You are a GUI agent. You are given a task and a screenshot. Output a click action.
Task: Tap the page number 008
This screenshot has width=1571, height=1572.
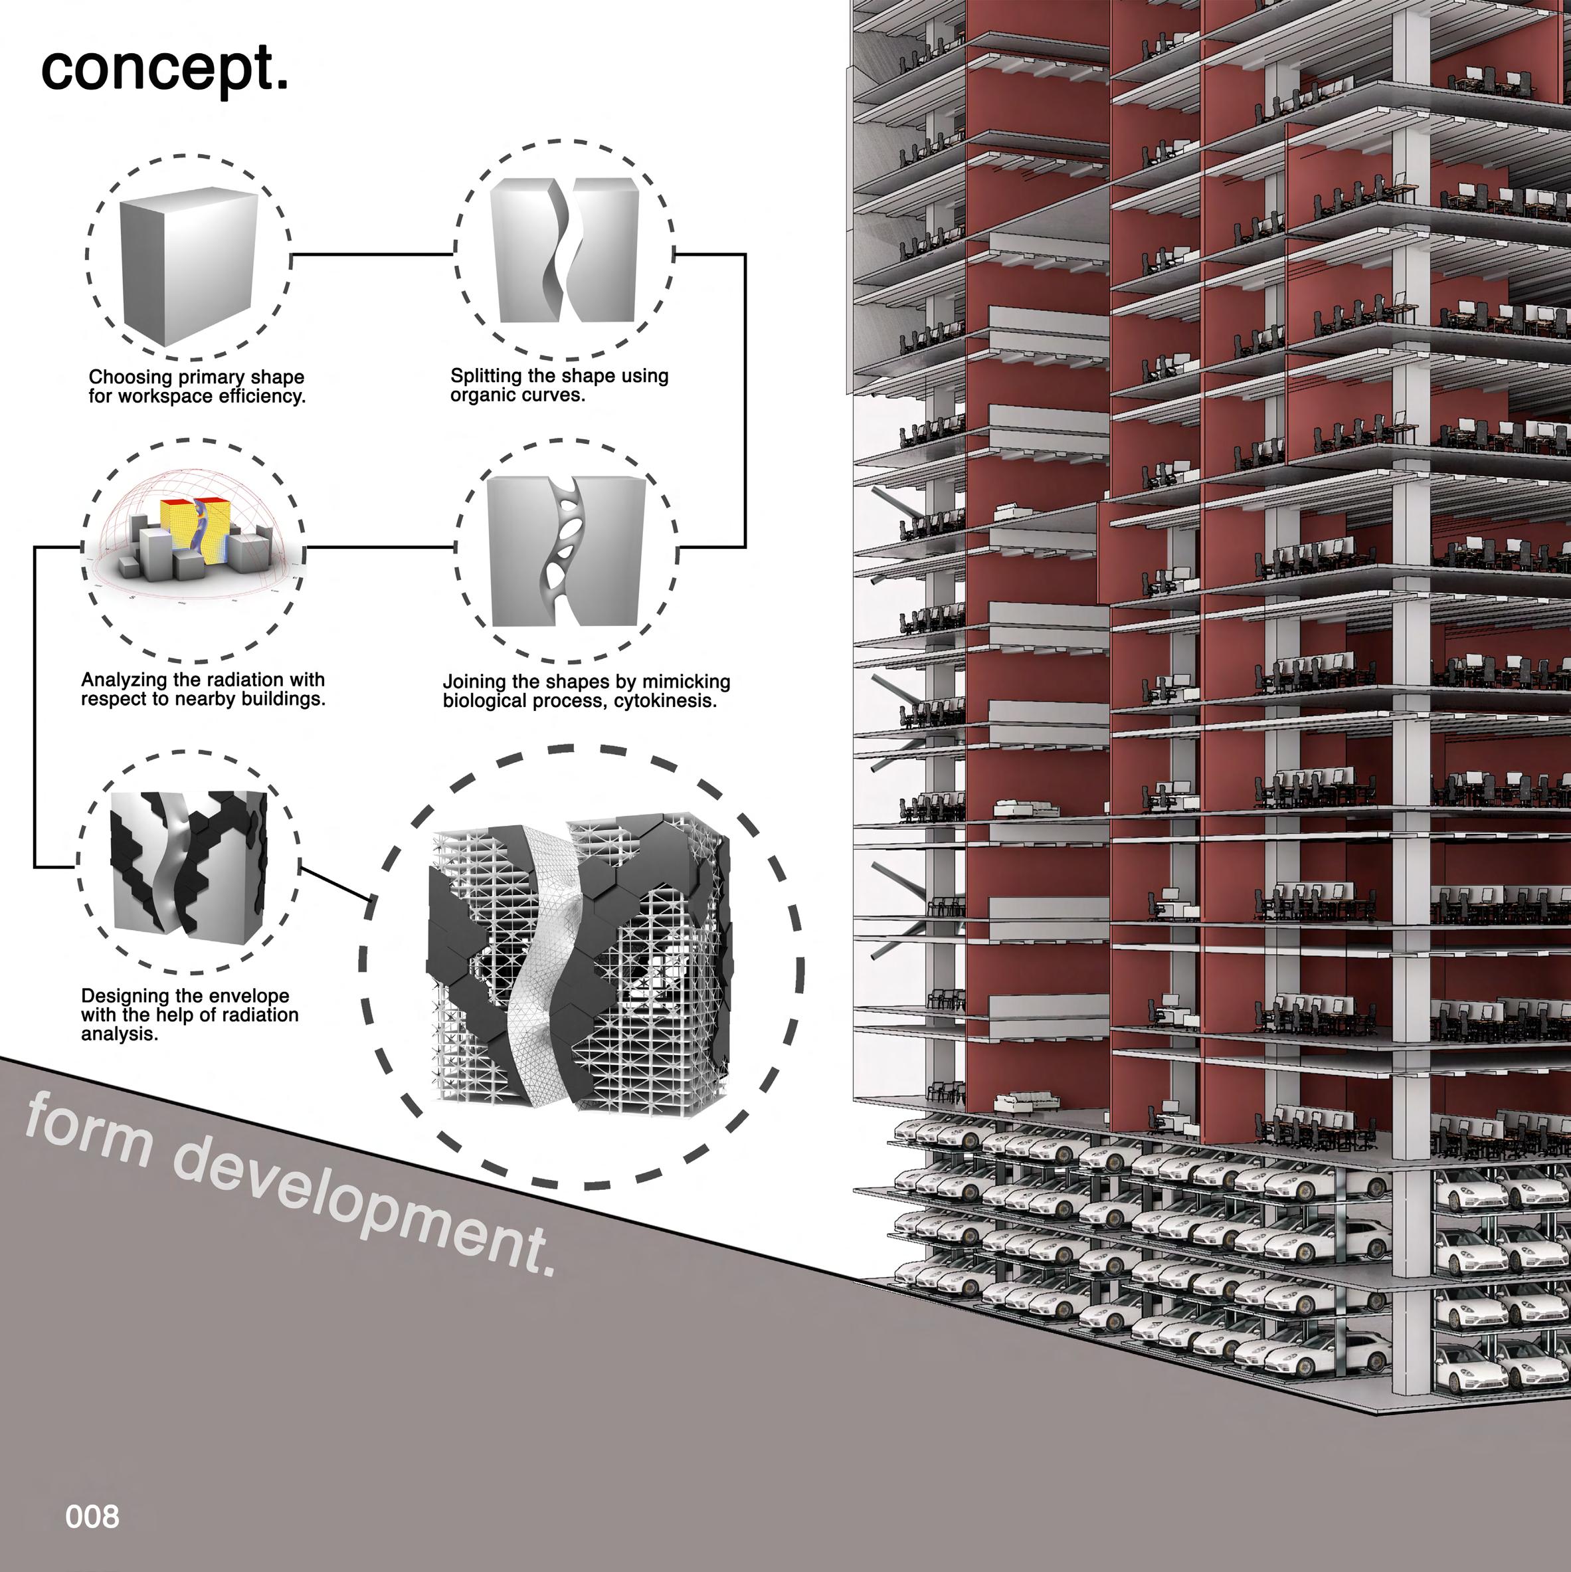(x=92, y=1517)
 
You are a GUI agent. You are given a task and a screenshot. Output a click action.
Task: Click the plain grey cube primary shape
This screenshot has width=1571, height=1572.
(x=188, y=261)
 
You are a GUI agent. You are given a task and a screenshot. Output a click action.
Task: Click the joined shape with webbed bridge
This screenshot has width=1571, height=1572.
(x=566, y=551)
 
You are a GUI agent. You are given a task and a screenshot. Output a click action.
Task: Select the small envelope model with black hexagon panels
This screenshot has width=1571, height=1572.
(x=188, y=863)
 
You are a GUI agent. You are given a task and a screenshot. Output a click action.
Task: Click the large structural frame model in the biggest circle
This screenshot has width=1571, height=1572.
(x=579, y=965)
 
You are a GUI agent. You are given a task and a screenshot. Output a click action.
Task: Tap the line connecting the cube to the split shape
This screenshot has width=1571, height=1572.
(x=372, y=254)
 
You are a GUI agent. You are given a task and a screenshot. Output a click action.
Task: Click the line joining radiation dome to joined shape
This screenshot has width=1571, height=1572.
(x=380, y=547)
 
